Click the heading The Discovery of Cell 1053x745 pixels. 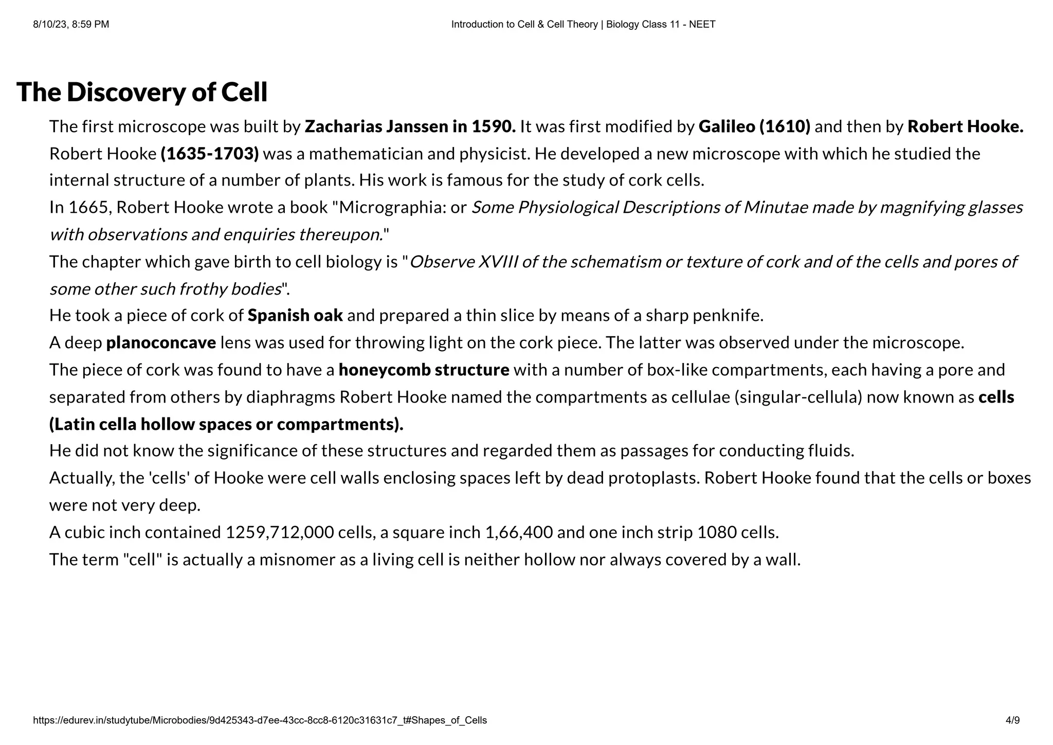(x=142, y=93)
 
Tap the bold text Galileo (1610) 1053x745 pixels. (x=754, y=126)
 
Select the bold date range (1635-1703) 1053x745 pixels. (x=210, y=154)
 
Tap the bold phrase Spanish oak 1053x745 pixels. (x=295, y=315)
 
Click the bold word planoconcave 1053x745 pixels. (x=161, y=342)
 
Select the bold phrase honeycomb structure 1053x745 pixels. (x=424, y=370)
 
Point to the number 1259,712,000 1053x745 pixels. (x=280, y=532)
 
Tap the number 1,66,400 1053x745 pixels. (x=519, y=532)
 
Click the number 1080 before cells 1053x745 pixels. (x=716, y=532)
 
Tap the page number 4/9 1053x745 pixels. (x=1012, y=720)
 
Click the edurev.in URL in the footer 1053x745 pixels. (x=260, y=720)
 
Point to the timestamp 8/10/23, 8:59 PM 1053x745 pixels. (x=71, y=24)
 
